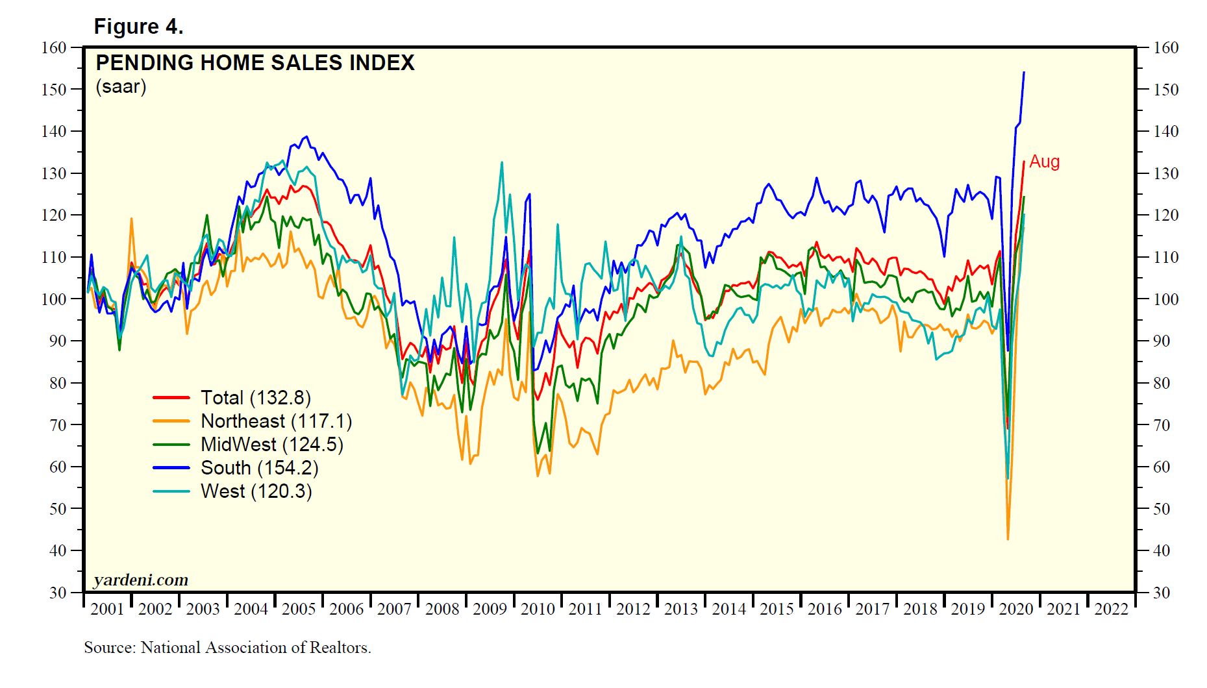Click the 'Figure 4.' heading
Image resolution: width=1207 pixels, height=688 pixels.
[138, 27]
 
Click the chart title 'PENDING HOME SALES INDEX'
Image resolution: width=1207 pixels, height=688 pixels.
[255, 63]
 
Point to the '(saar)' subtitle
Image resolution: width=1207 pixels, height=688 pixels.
[121, 86]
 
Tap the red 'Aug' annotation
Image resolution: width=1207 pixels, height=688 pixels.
[1044, 162]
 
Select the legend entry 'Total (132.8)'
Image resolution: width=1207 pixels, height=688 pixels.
[256, 398]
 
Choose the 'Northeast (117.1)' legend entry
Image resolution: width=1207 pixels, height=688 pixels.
[276, 421]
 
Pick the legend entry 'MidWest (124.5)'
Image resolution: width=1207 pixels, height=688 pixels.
[271, 445]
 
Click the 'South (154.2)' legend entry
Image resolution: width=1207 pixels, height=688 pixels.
[259, 468]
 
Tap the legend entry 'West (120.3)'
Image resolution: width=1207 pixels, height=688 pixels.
[256, 491]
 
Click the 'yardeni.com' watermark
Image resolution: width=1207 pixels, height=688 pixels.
[141, 580]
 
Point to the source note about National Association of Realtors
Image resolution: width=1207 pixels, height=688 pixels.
[227, 648]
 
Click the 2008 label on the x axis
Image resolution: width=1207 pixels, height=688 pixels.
[442, 609]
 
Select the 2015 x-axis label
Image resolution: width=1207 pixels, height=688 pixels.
[777, 609]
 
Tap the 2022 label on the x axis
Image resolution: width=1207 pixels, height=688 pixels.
[1111, 609]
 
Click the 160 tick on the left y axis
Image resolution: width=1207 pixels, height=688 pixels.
[54, 47]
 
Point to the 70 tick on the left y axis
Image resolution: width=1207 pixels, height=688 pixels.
[58, 425]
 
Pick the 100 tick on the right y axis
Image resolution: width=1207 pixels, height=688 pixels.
[1166, 299]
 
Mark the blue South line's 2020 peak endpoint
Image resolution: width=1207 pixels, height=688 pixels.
[1024, 72]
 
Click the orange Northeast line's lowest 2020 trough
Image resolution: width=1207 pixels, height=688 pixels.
[1008, 539]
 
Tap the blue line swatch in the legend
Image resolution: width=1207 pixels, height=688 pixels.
[171, 468]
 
